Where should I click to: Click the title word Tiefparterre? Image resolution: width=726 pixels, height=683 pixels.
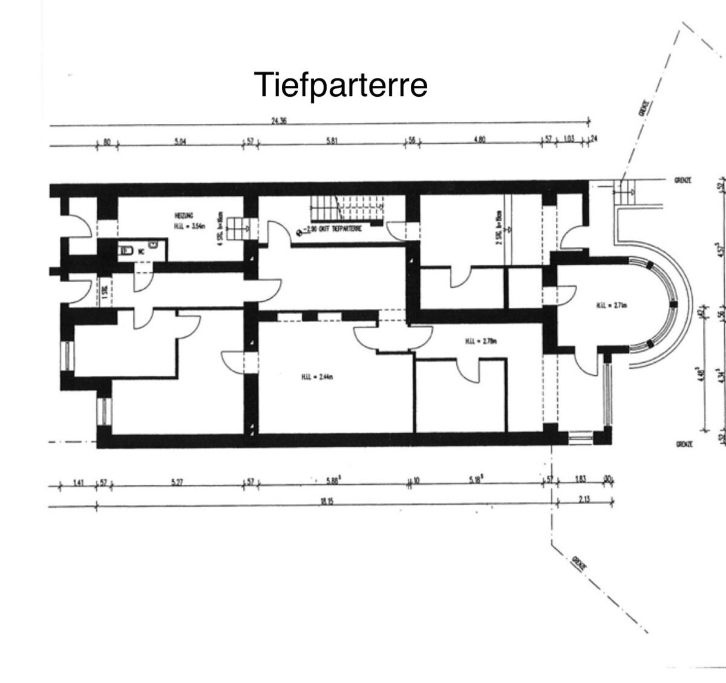341,85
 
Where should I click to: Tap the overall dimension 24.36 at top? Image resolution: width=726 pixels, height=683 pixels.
278,121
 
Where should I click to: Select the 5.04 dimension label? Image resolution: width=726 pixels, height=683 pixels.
180,141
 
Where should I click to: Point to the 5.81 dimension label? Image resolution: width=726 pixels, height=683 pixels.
331,141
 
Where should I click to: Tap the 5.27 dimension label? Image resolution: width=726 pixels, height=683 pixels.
177,482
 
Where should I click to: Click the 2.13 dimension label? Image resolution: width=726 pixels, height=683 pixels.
583,499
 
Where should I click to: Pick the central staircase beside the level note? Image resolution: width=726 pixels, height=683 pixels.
347,212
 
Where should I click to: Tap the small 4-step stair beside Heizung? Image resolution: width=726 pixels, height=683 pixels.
243,226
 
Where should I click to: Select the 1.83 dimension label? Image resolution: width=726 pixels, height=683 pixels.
581,480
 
